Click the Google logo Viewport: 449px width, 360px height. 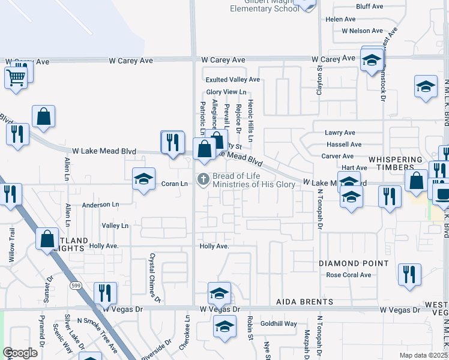[20, 353]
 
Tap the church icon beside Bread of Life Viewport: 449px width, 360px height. [203, 179]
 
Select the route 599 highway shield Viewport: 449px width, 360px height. [75, 284]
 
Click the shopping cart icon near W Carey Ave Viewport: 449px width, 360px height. [16, 77]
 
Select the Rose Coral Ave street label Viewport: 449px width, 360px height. [349, 275]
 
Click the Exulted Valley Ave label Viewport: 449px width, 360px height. [233, 79]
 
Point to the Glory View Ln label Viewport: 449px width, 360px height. [226, 92]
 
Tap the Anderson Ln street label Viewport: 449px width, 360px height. [101, 205]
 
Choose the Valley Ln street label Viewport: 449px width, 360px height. [115, 226]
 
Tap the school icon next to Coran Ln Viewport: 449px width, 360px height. [143, 178]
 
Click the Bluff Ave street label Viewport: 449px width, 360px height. [369, 7]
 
